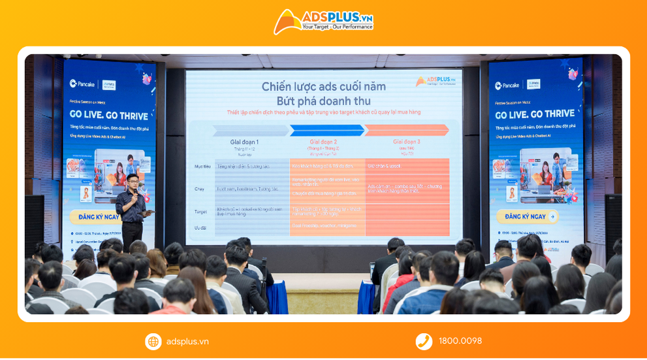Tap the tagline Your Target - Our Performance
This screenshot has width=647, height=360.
tap(337, 27)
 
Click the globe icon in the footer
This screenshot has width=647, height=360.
tap(153, 341)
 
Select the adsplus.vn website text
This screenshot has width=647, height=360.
tap(187, 341)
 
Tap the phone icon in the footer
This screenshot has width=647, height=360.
tap(424, 341)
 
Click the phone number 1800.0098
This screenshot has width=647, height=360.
tap(460, 341)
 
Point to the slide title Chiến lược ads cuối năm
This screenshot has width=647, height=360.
tap(323, 86)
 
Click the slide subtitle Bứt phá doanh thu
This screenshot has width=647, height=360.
tap(323, 101)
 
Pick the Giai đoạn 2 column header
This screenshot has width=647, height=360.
tap(323, 141)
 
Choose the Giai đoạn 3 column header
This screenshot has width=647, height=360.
tap(406, 141)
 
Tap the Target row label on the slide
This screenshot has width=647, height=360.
tap(200, 212)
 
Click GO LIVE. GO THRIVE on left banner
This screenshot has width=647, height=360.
tap(108, 116)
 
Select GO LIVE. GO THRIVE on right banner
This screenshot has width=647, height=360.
tap(535, 114)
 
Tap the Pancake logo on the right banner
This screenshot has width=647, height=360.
tap(507, 86)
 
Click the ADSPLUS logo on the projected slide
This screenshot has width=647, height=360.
tap(435, 81)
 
